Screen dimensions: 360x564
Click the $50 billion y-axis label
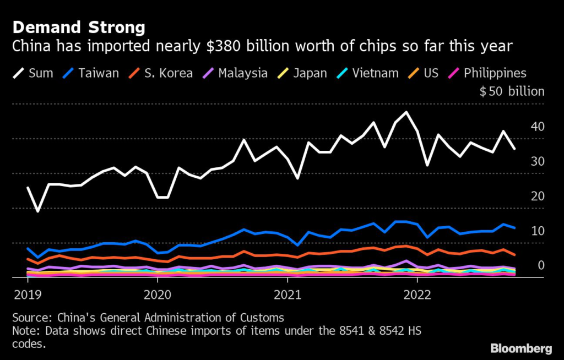(x=512, y=92)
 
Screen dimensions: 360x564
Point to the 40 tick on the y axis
(x=537, y=127)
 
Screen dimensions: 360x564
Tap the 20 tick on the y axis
(x=537, y=196)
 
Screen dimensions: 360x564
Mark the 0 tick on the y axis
(x=541, y=265)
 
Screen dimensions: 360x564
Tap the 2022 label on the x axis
(x=417, y=293)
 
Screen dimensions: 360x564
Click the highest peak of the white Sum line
(x=406, y=112)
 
